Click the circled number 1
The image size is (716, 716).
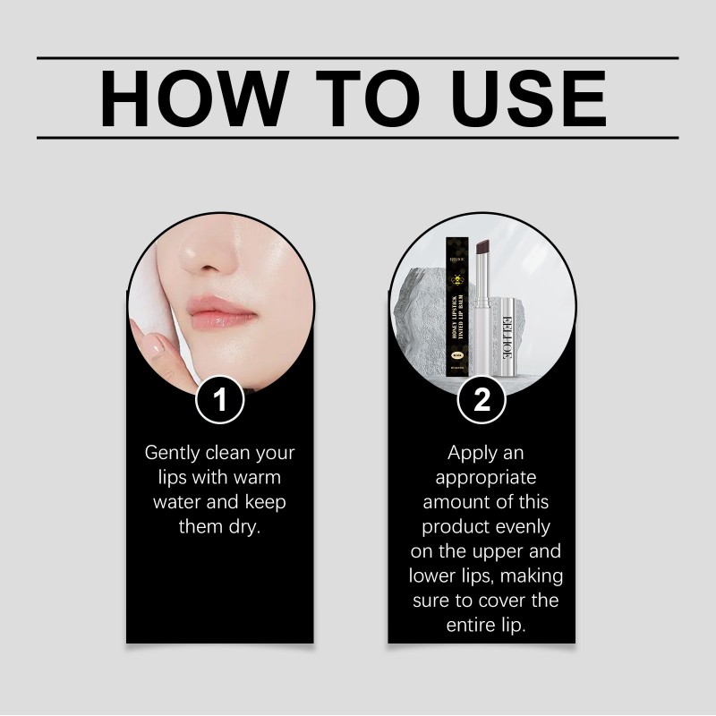(x=220, y=400)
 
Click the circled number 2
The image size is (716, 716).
(x=482, y=400)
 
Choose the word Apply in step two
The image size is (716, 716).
(x=473, y=453)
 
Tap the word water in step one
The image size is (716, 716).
(x=177, y=501)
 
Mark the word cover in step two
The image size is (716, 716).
(x=505, y=600)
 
